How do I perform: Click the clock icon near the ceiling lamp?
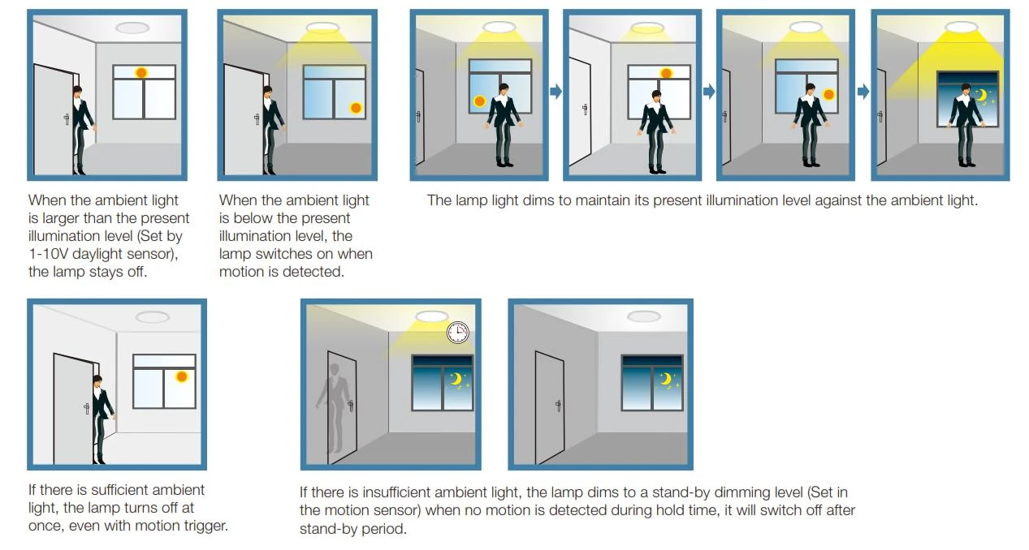pyautogui.click(x=457, y=333)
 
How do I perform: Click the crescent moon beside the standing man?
pyautogui.click(x=981, y=96)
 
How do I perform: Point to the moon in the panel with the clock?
pyautogui.click(x=456, y=379)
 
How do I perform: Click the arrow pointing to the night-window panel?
pyautogui.click(x=863, y=92)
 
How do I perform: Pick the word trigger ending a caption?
pyautogui.click(x=205, y=526)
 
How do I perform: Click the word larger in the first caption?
pyautogui.click(x=61, y=219)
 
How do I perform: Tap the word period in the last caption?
pyautogui.click(x=383, y=529)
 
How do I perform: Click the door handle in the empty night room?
pyautogui.click(x=558, y=406)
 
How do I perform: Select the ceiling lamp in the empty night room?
pyautogui.click(x=643, y=316)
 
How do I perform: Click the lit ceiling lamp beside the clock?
pyautogui.click(x=432, y=316)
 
